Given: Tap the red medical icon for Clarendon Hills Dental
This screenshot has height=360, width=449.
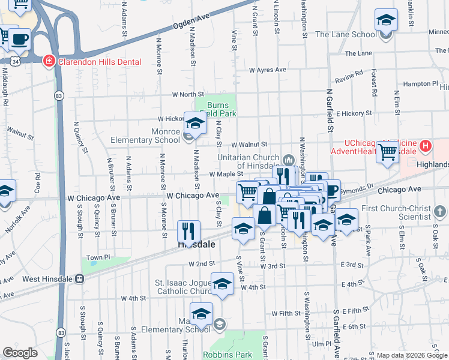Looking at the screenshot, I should pos(48,61).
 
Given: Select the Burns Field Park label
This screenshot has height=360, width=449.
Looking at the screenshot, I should pos(218,108).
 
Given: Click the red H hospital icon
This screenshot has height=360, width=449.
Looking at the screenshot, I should pos(426,145).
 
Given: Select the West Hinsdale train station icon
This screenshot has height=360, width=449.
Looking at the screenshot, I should pos(80,279).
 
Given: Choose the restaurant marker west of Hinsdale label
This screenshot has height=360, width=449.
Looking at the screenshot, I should pos(189,231).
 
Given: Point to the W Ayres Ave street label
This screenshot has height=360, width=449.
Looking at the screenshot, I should pos(268,70).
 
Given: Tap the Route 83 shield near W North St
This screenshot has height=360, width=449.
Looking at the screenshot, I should pos(58,95).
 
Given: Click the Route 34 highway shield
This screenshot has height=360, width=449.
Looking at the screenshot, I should pos(13,61).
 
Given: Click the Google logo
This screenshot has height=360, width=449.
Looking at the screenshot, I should pos(20,353).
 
